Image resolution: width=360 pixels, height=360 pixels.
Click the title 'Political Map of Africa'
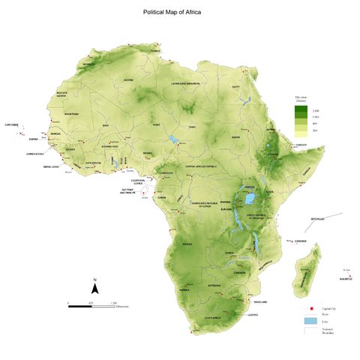click(172, 13)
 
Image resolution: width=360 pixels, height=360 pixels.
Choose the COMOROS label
click(300, 241)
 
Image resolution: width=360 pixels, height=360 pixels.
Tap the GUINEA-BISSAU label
click(34, 153)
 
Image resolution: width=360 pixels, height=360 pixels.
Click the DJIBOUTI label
click(301, 145)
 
